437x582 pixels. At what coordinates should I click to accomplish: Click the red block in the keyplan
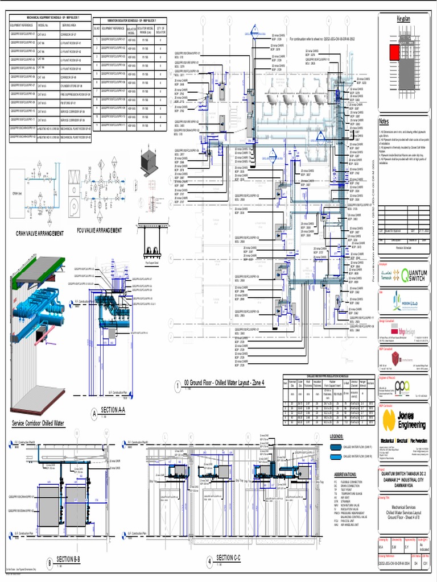pos(394,53)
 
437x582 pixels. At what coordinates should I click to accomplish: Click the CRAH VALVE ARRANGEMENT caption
pos(40,233)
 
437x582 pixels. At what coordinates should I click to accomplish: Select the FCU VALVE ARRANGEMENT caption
pos(100,231)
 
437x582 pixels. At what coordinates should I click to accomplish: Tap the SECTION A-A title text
pos(116,410)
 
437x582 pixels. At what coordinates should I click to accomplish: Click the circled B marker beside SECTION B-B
pos(50,563)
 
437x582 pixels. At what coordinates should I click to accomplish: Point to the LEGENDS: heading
pos(340,436)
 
